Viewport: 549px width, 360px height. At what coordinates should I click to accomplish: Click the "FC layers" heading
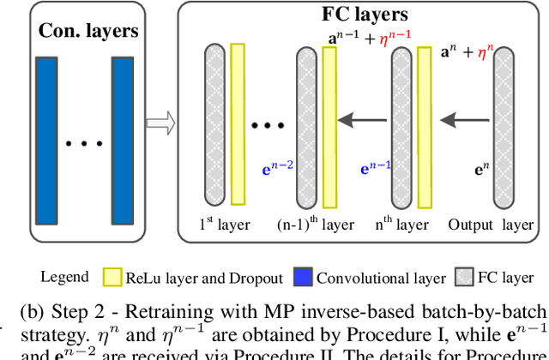360,15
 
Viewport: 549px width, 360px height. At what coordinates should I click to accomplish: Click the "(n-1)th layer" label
317,225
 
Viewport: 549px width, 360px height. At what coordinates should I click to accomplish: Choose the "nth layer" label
402,225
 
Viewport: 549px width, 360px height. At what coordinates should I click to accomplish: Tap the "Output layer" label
490,225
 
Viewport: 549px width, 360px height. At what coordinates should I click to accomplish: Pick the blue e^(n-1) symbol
374,169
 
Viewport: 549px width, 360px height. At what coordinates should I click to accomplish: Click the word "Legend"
64,277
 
